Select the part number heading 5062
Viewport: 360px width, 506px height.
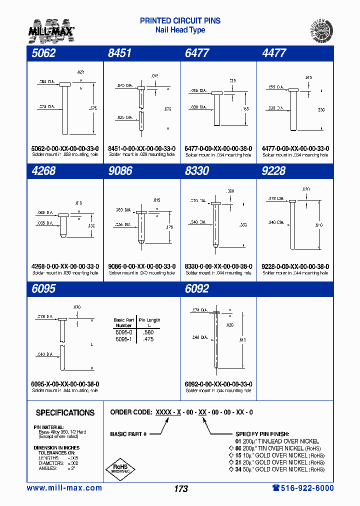coord(44,53)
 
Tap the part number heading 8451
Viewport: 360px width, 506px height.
coord(120,53)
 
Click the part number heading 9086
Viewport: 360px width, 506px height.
coord(120,171)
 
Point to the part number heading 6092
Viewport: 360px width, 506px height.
coord(197,289)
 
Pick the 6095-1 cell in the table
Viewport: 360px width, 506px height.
coord(123,339)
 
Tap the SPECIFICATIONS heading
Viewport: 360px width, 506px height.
coord(65,413)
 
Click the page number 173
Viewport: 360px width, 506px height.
coord(181,488)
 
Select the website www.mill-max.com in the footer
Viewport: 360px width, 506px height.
coord(64,488)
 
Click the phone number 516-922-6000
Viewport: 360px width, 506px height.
coord(303,488)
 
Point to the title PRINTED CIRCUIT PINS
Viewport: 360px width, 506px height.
coord(180,21)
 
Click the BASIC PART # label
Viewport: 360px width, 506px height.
coord(128,434)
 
